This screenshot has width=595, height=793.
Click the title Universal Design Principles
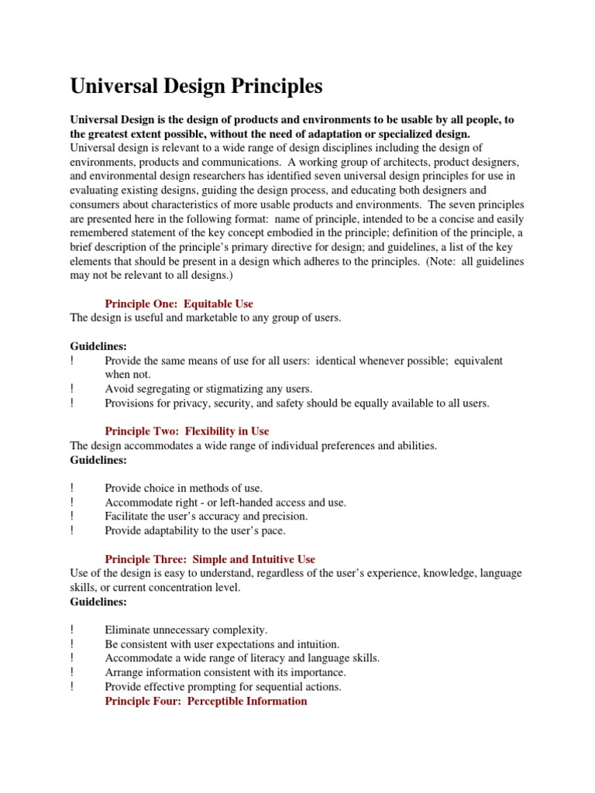196,87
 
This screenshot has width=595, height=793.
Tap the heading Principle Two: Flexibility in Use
187,431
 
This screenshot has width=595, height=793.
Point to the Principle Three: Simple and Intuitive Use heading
209,558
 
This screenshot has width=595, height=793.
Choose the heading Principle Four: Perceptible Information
205,701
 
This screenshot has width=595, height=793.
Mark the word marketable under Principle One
215,318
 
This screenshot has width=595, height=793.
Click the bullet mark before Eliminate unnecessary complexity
72,630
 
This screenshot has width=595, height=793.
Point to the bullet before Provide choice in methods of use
72,488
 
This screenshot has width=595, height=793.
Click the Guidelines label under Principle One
98,346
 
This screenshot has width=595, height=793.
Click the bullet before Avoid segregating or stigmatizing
72,389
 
